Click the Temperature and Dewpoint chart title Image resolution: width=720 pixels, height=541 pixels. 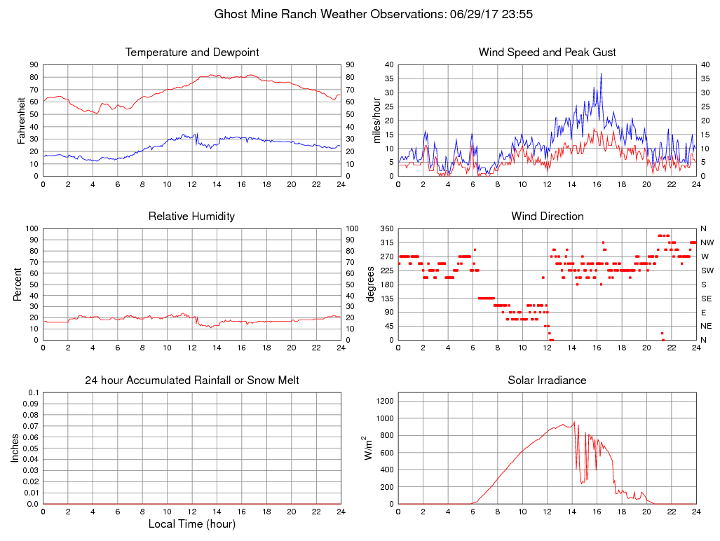click(x=191, y=53)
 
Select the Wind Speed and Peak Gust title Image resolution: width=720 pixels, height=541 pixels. click(x=547, y=53)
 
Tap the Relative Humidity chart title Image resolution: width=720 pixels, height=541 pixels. click(x=191, y=217)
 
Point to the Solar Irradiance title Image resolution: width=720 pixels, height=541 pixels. click(x=547, y=381)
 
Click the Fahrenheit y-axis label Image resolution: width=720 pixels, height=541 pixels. click(x=20, y=120)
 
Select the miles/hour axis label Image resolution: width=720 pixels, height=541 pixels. click(x=376, y=120)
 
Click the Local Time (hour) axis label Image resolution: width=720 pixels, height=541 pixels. click(x=191, y=523)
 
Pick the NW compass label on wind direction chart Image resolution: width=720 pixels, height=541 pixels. click(x=707, y=242)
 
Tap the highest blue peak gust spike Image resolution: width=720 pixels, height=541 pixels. click(x=600, y=74)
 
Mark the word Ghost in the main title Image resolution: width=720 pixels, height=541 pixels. click(x=230, y=13)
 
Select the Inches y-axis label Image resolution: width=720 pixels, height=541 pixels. click(x=15, y=448)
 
